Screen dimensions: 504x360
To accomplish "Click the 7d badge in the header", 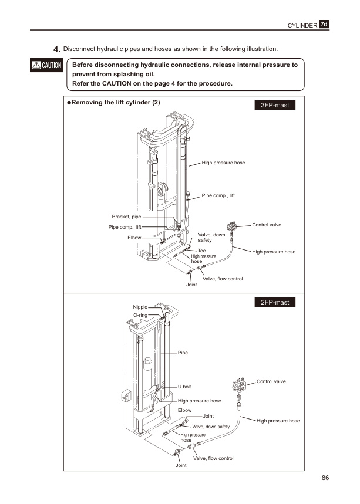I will tap(324, 24).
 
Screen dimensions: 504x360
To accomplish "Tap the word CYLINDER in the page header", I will tap(302, 25).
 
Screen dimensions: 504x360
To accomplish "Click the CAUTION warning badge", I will tap(47, 65).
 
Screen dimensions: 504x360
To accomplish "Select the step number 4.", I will tap(56, 48).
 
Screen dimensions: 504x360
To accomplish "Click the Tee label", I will tap(201, 251).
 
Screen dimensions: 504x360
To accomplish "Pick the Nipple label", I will tap(140, 307).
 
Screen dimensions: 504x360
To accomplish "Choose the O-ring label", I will tap(140, 315).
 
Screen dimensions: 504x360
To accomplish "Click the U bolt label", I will tap(184, 387).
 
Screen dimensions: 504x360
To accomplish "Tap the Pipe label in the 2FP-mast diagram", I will tap(183, 353).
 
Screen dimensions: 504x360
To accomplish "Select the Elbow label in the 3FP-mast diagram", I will tap(134, 238).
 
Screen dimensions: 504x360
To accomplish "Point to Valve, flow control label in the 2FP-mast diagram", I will tap(214, 458).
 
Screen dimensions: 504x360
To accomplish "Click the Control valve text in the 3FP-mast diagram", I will tap(267, 225).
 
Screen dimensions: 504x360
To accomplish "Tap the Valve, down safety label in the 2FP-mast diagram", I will tap(211, 427).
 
